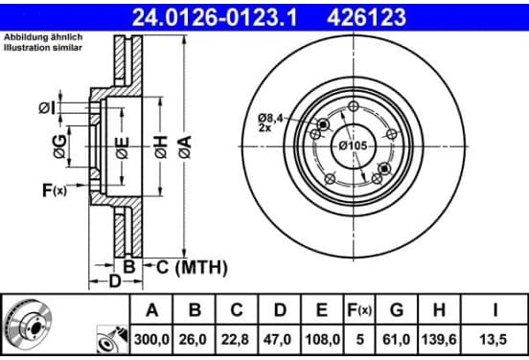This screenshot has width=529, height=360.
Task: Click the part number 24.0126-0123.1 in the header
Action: click(x=215, y=17)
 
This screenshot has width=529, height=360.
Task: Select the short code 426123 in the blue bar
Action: click(x=366, y=17)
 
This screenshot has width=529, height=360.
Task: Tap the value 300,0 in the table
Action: click(x=151, y=340)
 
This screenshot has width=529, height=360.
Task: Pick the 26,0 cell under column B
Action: click(x=193, y=340)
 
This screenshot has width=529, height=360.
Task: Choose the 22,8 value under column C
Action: click(x=235, y=340)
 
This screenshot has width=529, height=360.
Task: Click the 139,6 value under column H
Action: click(x=439, y=340)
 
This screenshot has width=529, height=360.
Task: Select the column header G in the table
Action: click(x=397, y=310)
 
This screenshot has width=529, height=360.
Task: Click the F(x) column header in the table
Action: click(x=359, y=310)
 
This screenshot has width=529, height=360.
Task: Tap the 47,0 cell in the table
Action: click(x=277, y=340)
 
